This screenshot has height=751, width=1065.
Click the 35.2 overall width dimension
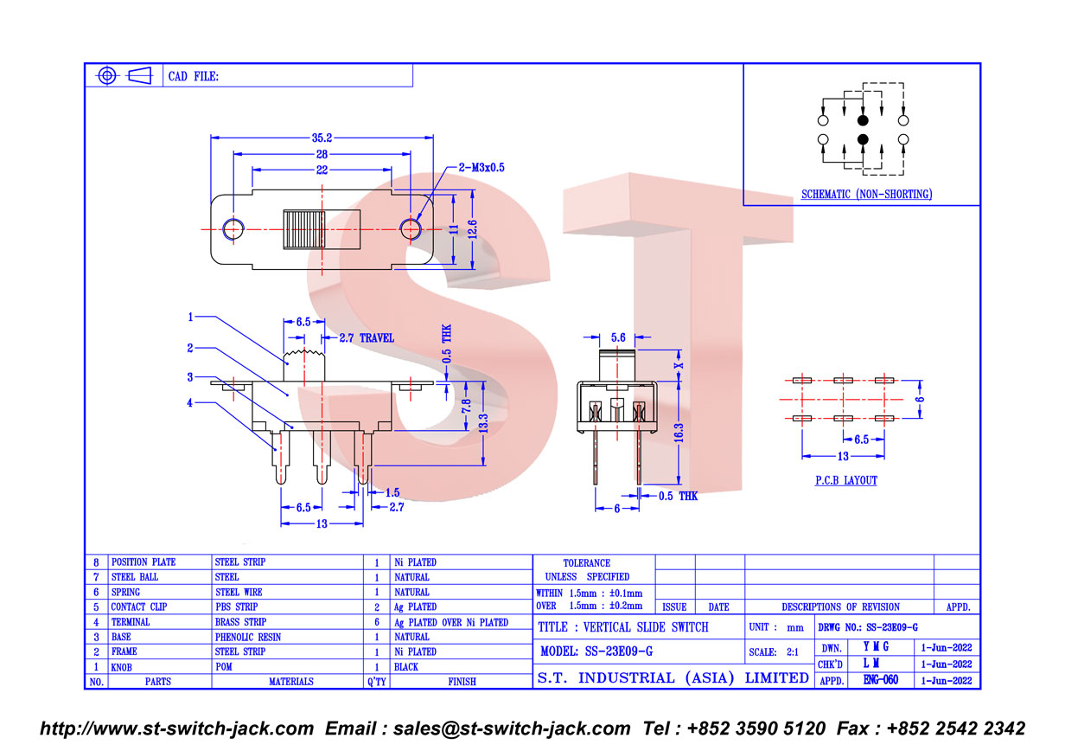(322, 138)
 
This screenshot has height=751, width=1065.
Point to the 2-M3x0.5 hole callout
(481, 168)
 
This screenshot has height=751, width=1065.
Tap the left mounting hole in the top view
(233, 229)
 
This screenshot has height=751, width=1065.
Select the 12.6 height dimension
(472, 229)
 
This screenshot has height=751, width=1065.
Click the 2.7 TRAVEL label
(367, 338)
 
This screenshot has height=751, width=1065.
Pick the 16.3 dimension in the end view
(679, 433)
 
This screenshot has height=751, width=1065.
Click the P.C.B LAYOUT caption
(846, 480)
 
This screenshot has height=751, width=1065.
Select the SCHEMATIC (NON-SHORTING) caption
(867, 194)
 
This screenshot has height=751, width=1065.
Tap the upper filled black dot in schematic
(863, 120)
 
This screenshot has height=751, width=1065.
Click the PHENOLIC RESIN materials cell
(248, 637)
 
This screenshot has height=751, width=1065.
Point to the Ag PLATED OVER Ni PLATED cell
(450, 622)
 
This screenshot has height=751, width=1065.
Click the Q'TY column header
(377, 682)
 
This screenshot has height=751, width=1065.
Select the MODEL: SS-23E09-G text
(596, 651)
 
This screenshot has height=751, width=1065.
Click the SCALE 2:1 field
(774, 652)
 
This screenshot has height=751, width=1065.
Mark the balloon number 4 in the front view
(189, 402)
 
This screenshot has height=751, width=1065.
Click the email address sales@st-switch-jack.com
(512, 729)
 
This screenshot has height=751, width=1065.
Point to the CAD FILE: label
(194, 76)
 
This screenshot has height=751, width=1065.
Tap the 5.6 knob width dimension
(618, 337)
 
